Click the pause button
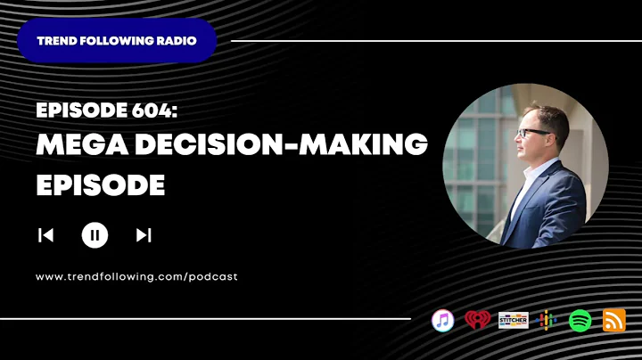coord(95,235)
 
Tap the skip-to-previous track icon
coord(45,235)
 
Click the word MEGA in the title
coord(79,146)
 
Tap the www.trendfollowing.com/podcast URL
coord(136,277)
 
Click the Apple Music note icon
coord(443,320)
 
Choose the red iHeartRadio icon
coord(477,320)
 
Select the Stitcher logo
coord(513,321)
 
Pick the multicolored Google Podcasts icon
coord(547,320)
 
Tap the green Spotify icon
coord(580,320)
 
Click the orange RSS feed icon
coord(614,320)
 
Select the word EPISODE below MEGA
coord(100,184)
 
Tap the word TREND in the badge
coord(55,41)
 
